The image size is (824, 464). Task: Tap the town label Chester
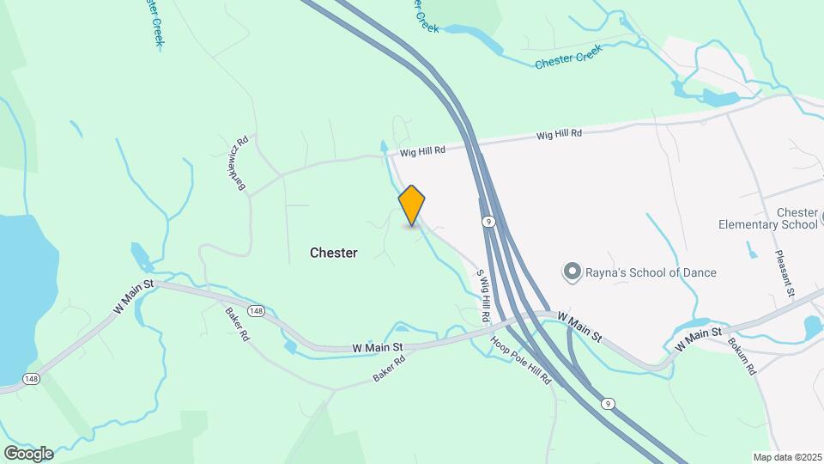[333, 253]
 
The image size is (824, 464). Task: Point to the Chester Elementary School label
[768, 218]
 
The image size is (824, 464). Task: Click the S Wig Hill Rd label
[483, 296]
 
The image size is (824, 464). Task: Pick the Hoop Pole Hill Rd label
[521, 359]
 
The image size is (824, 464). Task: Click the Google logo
[28, 453]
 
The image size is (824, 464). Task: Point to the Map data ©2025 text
[787, 457]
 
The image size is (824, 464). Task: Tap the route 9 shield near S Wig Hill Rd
[487, 222]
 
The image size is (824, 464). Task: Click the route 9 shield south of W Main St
[609, 403]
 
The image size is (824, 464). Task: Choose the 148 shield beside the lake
[32, 378]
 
